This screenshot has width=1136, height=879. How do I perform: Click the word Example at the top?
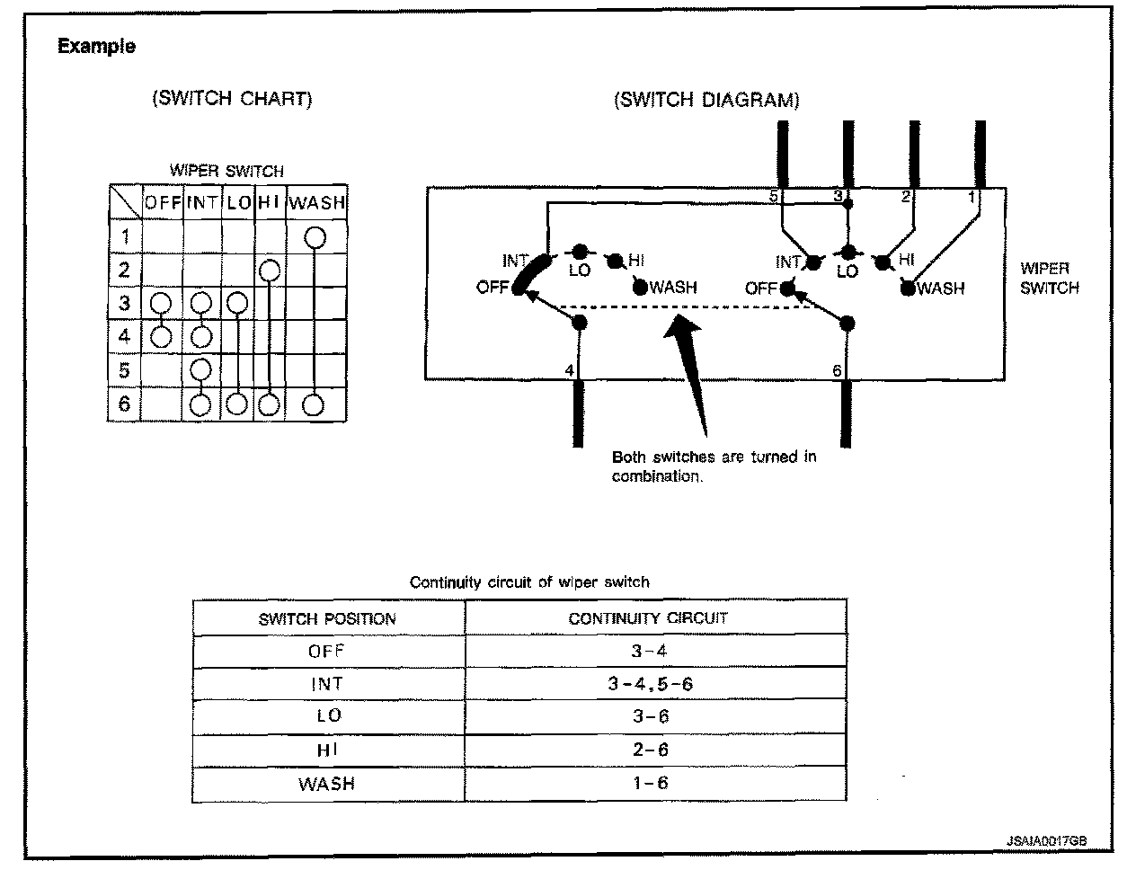tap(97, 46)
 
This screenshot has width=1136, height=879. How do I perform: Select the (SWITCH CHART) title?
tap(232, 99)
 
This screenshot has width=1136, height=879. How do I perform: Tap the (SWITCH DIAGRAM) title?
tap(706, 100)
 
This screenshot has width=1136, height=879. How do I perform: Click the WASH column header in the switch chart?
tap(317, 203)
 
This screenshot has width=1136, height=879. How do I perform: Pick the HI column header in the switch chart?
tap(270, 203)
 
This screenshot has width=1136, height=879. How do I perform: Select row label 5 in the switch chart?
tap(125, 370)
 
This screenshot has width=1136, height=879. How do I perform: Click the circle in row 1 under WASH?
tap(314, 237)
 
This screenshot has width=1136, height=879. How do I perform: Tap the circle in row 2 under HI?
tap(270, 270)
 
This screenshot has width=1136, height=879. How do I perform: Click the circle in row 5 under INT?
tap(201, 369)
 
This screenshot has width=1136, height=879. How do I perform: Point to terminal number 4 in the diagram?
tap(568, 370)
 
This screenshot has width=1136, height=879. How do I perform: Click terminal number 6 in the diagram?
tap(836, 370)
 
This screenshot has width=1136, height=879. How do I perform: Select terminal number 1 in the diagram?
tap(971, 196)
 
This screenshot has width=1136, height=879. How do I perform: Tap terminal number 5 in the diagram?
tap(773, 196)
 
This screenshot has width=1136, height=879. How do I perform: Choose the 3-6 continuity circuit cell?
tap(650, 716)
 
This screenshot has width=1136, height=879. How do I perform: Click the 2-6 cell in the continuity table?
tap(650, 750)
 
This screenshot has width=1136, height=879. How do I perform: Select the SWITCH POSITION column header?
tap(327, 618)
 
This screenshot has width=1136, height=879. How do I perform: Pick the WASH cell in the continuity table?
tap(327, 784)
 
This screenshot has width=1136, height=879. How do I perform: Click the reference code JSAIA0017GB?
tap(1047, 841)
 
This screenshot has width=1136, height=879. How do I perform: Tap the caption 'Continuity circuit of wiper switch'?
tap(529, 582)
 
